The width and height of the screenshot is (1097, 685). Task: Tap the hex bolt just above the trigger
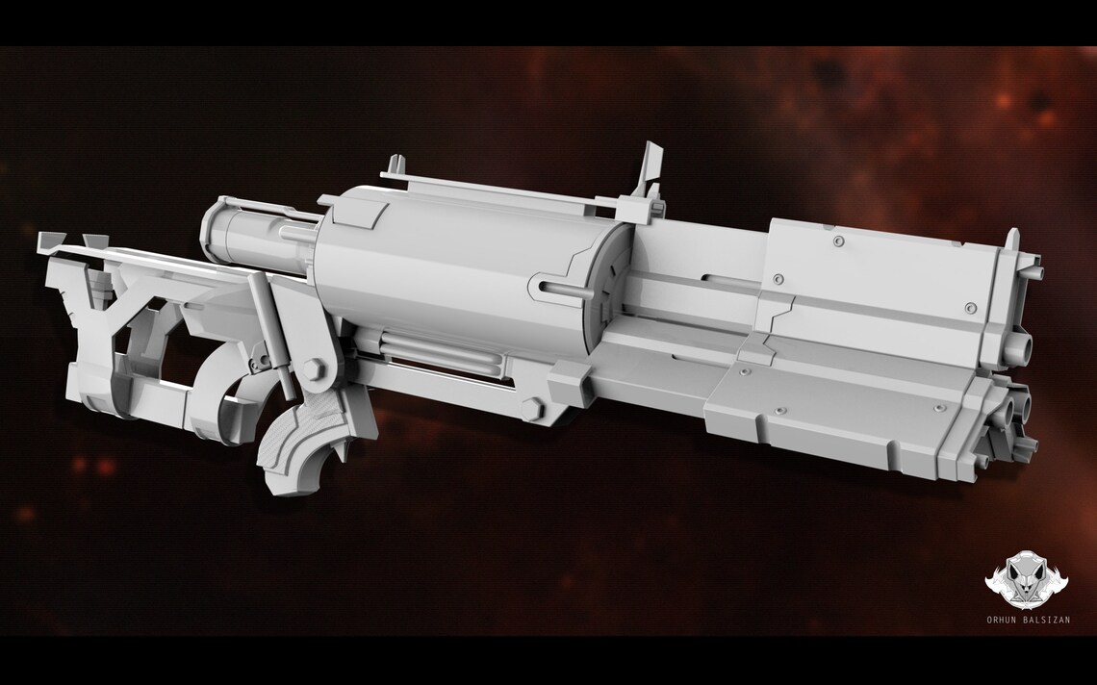point(315,368)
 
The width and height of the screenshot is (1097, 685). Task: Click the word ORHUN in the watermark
point(1007,619)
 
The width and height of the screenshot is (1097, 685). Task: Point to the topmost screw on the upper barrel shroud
point(837,237)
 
